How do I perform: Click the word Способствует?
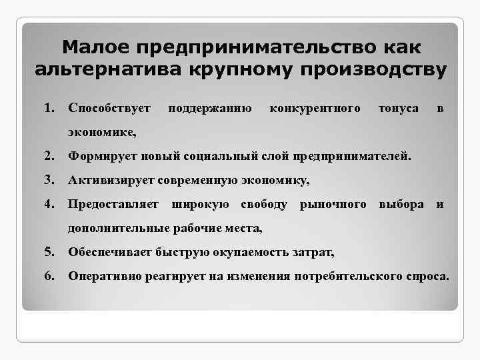pyautogui.click(x=110, y=108)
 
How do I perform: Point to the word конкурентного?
pyautogui.click(x=315, y=108)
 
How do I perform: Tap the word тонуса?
pyautogui.click(x=398, y=108)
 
